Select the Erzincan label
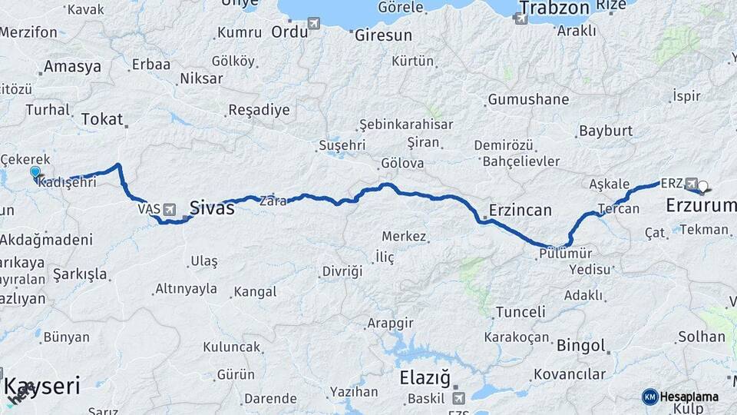click(x=520, y=210)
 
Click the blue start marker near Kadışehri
click(x=35, y=172)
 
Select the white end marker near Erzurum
click(x=702, y=185)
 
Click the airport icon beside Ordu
click(x=314, y=23)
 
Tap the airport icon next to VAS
click(x=169, y=208)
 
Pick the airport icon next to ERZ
click(x=692, y=184)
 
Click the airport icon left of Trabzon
click(x=521, y=18)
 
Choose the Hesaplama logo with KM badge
click(x=680, y=397)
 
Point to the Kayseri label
click(x=41, y=386)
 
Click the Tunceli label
click(x=521, y=312)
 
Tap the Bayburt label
click(x=606, y=131)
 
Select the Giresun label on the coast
click(x=383, y=35)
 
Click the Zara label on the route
click(x=273, y=201)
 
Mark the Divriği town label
click(x=342, y=271)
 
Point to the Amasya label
click(x=72, y=66)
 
